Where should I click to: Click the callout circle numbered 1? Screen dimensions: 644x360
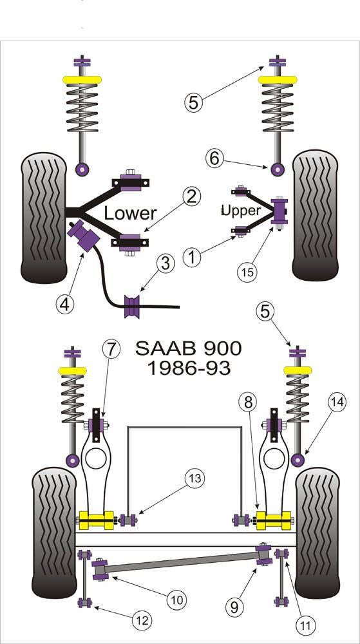click(x=192, y=258)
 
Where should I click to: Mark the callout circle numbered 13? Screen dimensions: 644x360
click(x=194, y=478)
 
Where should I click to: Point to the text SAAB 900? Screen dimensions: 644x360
click(x=188, y=349)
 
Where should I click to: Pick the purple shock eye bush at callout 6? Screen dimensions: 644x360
click(x=278, y=169)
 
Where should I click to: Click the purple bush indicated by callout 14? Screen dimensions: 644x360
click(x=298, y=459)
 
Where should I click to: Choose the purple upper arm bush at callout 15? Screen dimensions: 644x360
click(x=280, y=214)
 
